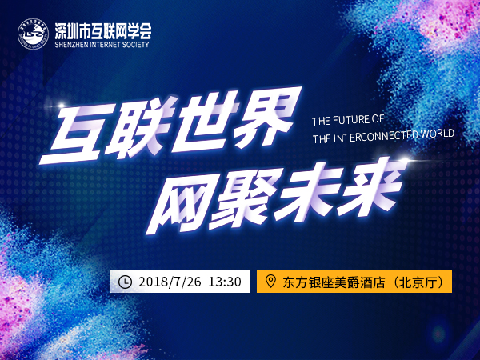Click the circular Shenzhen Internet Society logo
tap(33, 34)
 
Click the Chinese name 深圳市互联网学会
tap(103, 31)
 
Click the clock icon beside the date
tap(125, 282)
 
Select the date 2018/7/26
tap(170, 282)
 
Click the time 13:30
tap(225, 282)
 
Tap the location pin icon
tap(270, 281)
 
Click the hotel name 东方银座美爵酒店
tap(334, 282)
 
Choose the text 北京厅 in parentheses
tap(418, 282)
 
